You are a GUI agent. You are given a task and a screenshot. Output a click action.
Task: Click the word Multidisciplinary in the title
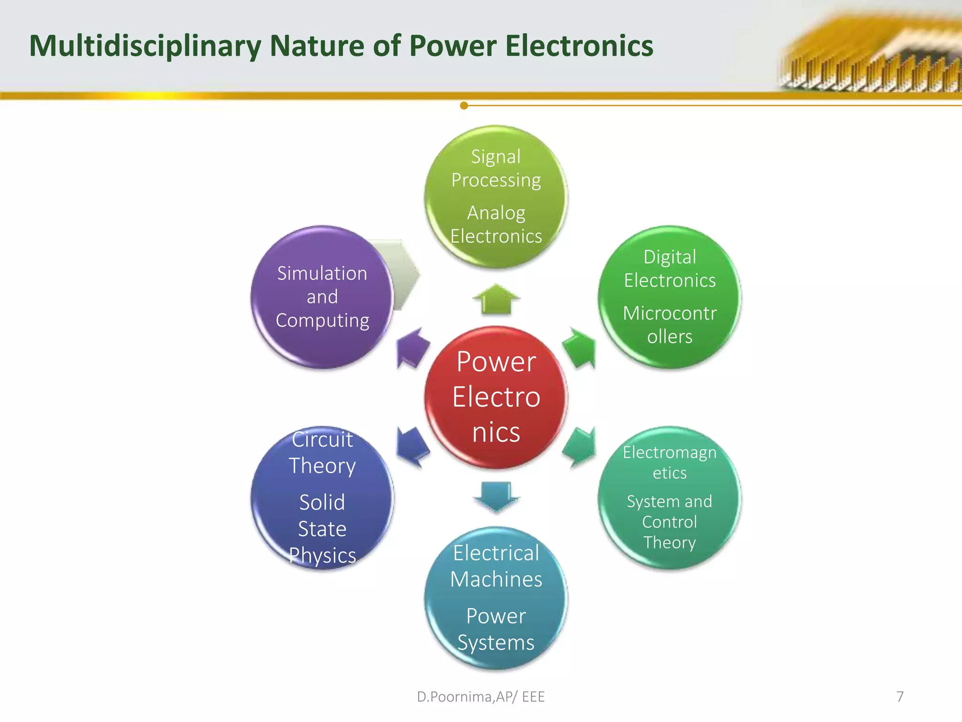(145, 46)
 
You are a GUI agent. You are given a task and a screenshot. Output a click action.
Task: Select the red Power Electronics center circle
(496, 397)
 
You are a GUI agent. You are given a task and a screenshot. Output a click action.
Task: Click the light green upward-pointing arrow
(496, 299)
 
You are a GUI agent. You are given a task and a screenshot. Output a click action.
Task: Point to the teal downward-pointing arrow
(497, 495)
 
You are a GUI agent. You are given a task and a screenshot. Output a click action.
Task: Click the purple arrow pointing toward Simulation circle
(412, 348)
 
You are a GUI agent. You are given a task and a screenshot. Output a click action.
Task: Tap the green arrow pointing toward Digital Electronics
(580, 348)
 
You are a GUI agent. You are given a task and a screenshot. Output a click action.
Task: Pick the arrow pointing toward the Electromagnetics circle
(580, 447)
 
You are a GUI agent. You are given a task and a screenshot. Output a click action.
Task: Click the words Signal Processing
(496, 168)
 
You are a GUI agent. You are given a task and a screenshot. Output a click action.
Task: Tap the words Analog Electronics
(496, 224)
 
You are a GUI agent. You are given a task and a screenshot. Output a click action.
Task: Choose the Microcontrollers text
(669, 325)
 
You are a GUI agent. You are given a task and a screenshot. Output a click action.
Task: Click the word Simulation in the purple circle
(322, 273)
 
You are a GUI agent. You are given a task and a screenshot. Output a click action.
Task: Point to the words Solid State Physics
(322, 528)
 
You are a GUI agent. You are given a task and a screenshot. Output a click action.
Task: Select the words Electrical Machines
(496, 566)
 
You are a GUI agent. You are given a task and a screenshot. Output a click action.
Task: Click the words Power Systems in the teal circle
(496, 629)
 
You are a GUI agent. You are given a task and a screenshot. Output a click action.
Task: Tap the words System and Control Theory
(669, 522)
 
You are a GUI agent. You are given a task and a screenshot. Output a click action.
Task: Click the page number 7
(900, 696)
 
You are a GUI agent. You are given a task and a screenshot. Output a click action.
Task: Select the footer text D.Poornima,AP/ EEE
(481, 697)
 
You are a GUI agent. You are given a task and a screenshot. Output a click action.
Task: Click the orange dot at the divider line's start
(464, 105)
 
